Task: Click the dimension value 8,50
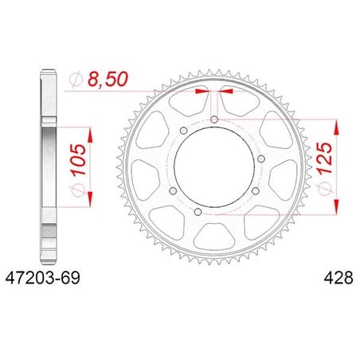click(x=108, y=79)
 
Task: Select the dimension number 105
click(x=79, y=159)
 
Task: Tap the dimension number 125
click(x=325, y=158)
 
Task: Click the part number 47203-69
click(x=42, y=278)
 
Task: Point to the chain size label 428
click(x=338, y=278)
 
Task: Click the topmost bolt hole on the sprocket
click(x=214, y=119)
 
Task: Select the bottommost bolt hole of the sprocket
click(x=198, y=212)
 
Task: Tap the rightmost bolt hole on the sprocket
click(x=261, y=159)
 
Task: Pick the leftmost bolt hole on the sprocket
click(x=173, y=190)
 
